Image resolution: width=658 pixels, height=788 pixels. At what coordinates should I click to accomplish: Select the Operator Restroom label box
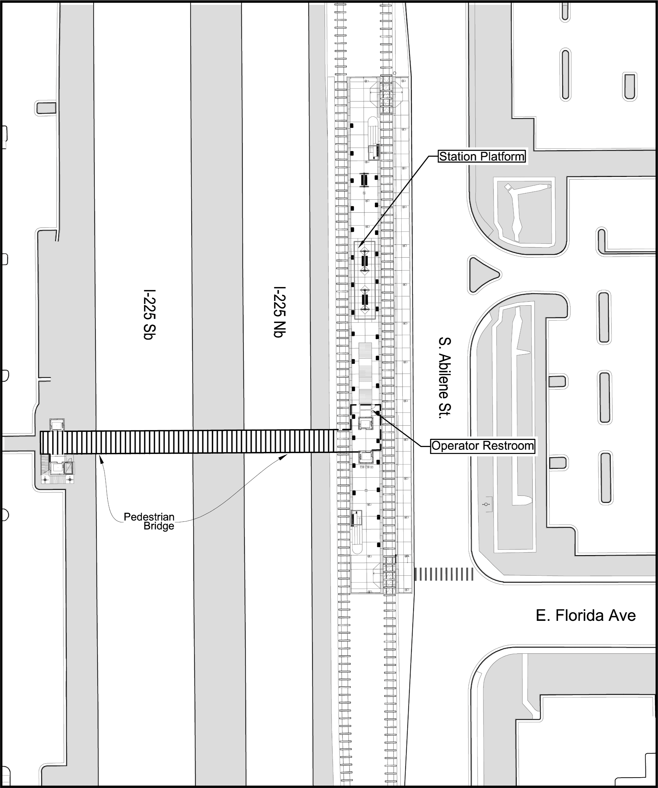(483, 446)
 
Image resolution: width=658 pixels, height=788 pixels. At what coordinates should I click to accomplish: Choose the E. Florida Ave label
(586, 616)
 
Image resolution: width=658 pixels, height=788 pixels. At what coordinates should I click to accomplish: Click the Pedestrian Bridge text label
(149, 521)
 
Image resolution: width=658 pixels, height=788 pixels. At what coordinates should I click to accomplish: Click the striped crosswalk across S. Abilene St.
(444, 574)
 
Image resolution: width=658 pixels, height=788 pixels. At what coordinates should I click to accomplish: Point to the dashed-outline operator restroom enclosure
(365, 428)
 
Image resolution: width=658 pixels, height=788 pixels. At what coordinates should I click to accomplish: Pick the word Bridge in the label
(159, 526)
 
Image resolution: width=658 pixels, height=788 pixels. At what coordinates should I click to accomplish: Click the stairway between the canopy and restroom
(365, 372)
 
